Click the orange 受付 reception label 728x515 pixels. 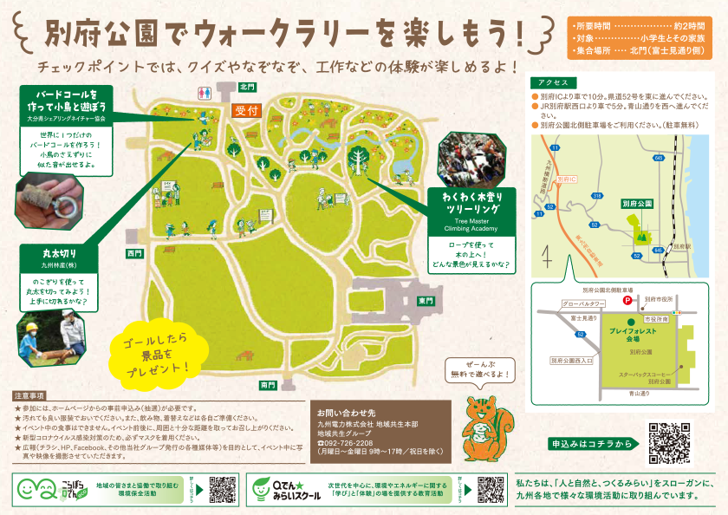247,110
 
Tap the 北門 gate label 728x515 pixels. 247,87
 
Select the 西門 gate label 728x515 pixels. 133,253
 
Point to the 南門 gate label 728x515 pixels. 268,384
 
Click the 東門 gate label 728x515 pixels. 426,301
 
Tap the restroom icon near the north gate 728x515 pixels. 205,91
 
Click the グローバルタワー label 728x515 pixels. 582,304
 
